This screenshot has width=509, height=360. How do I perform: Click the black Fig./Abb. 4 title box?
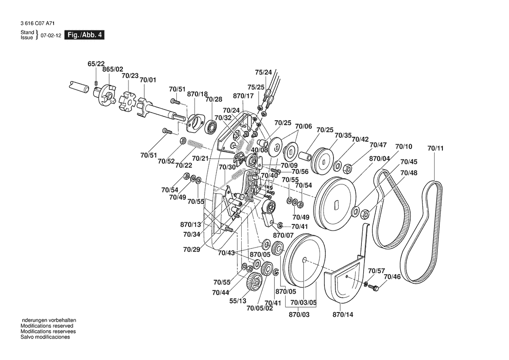point(84,35)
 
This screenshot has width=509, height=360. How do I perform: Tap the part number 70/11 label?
point(435,149)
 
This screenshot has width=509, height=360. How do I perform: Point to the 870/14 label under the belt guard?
point(344,314)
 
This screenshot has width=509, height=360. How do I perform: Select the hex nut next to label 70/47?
point(348,167)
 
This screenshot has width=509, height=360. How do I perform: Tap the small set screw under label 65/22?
point(96,82)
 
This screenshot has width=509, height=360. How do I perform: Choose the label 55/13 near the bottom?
point(238,301)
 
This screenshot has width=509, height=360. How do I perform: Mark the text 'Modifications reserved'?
point(47,326)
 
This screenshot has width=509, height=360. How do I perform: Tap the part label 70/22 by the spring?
point(184,165)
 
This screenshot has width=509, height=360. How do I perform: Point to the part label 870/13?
point(191,224)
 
